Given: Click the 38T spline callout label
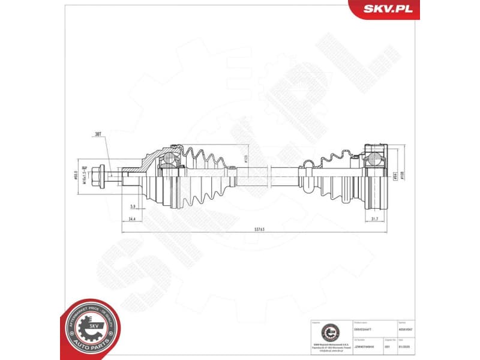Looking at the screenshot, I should click(98, 136).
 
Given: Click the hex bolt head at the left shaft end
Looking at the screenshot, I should click(106, 175).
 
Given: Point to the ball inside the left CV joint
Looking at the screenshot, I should click(170, 159).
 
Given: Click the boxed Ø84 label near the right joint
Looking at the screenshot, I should click(395, 176).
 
